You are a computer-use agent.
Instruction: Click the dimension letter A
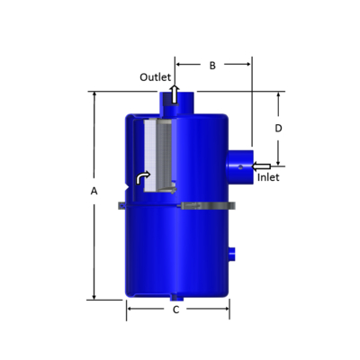point(94,191)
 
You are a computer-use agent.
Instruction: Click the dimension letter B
point(212,65)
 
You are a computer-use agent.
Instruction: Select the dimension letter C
point(176,310)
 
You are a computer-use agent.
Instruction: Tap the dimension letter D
point(278,129)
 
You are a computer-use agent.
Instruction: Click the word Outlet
point(155,77)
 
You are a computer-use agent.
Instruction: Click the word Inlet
point(268,177)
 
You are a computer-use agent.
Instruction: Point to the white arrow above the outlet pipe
point(175,91)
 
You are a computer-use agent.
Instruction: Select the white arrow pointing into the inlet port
point(261,166)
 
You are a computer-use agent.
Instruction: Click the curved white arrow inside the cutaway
point(141,178)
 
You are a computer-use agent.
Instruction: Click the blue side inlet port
point(240,166)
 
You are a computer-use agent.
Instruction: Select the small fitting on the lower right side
point(232,255)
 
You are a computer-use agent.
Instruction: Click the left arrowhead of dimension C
point(130,310)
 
